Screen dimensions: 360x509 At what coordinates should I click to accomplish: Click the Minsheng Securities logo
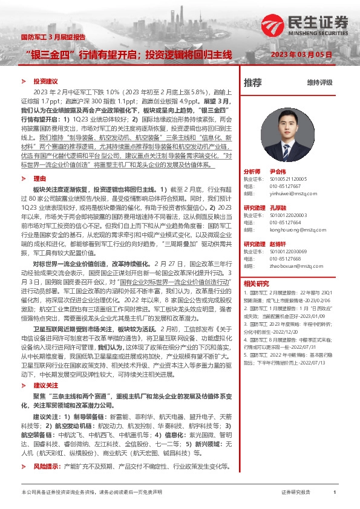click(x=306, y=24)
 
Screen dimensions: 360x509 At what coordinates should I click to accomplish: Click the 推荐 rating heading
click(x=253, y=82)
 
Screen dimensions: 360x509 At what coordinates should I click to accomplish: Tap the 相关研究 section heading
click(x=256, y=283)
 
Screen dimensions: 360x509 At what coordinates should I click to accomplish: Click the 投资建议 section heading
click(x=45, y=81)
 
